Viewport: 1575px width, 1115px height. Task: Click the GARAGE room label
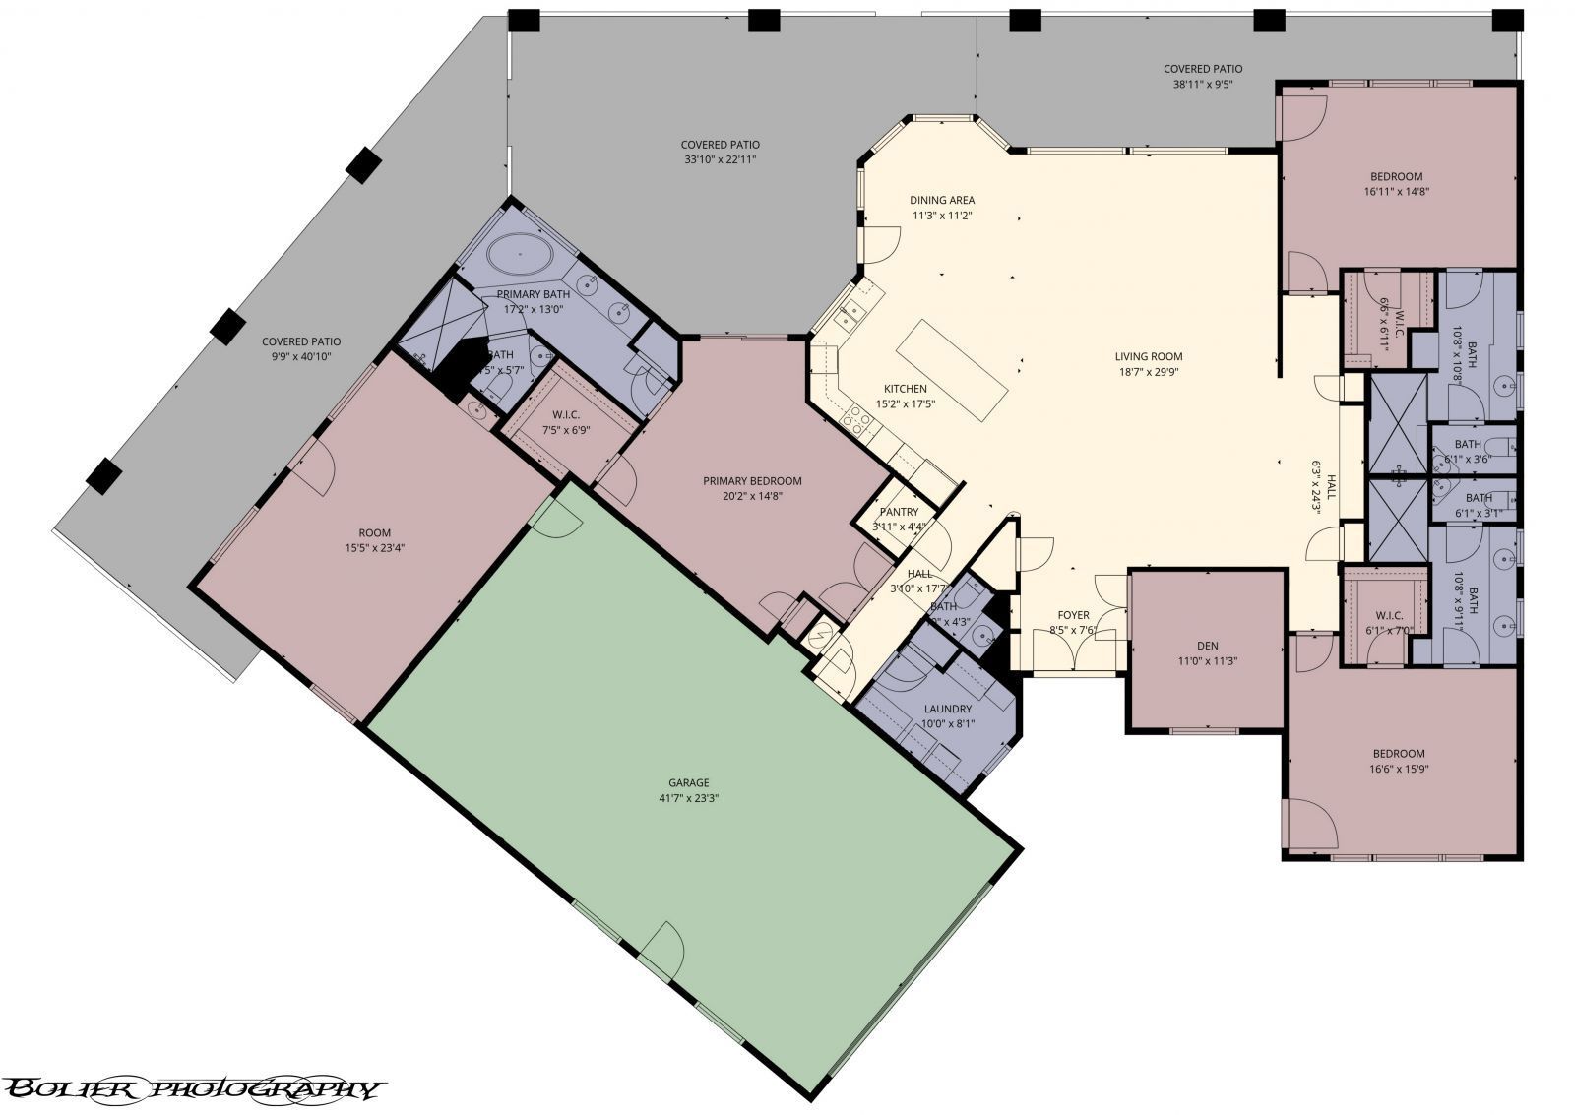(x=688, y=783)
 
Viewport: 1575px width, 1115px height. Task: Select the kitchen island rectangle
(x=953, y=370)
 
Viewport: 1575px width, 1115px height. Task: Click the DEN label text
(x=1207, y=646)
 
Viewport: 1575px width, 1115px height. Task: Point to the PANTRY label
(x=899, y=512)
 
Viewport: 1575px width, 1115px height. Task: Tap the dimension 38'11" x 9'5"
(x=1203, y=85)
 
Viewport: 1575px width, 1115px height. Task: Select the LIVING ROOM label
(x=1148, y=356)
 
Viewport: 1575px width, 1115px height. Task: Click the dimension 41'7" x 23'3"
(x=688, y=799)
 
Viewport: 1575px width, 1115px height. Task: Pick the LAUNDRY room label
(x=947, y=709)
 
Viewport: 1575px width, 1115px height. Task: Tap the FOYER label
(x=1073, y=615)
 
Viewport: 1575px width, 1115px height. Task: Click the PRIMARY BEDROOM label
(x=752, y=481)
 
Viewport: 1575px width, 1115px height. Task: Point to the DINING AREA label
(x=941, y=200)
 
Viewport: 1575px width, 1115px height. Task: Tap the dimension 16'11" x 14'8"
(x=1397, y=192)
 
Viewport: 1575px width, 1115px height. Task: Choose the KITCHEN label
(x=905, y=389)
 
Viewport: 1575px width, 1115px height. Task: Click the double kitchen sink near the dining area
(x=848, y=316)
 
